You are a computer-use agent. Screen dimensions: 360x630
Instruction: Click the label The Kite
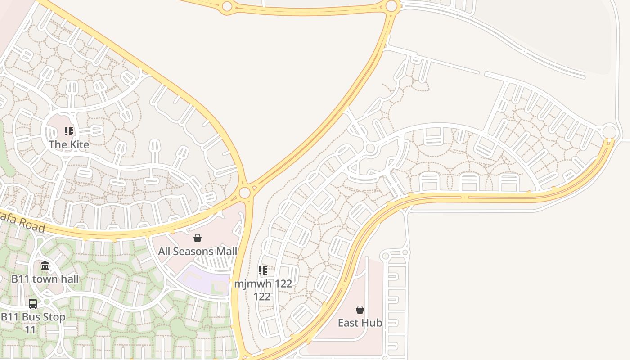point(69,144)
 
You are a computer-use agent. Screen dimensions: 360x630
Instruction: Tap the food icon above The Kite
point(69,131)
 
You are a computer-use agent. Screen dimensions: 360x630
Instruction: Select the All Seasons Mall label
point(197,251)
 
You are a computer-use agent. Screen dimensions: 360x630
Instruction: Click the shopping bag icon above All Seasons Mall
point(198,238)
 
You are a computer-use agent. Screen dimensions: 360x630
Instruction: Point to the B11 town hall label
point(45,279)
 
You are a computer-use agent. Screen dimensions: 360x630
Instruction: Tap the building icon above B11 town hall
point(45,266)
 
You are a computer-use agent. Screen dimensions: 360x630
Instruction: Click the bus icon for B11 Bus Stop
point(33,304)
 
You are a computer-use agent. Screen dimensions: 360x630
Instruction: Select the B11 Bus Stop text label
point(33,317)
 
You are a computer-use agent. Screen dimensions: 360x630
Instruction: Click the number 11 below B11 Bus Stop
point(30,330)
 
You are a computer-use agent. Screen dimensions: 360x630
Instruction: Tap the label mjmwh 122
point(263,283)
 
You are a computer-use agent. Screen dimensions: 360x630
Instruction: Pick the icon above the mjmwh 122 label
point(263,270)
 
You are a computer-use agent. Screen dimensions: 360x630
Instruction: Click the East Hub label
point(360,323)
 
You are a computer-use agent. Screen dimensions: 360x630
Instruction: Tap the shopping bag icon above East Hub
point(360,310)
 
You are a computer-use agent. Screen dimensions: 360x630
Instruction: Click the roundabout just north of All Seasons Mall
point(244,193)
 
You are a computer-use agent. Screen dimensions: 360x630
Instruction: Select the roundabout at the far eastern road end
point(609,132)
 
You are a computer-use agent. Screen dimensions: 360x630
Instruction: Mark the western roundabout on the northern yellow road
point(227,6)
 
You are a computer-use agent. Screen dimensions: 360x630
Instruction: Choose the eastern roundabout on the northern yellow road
point(391,6)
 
